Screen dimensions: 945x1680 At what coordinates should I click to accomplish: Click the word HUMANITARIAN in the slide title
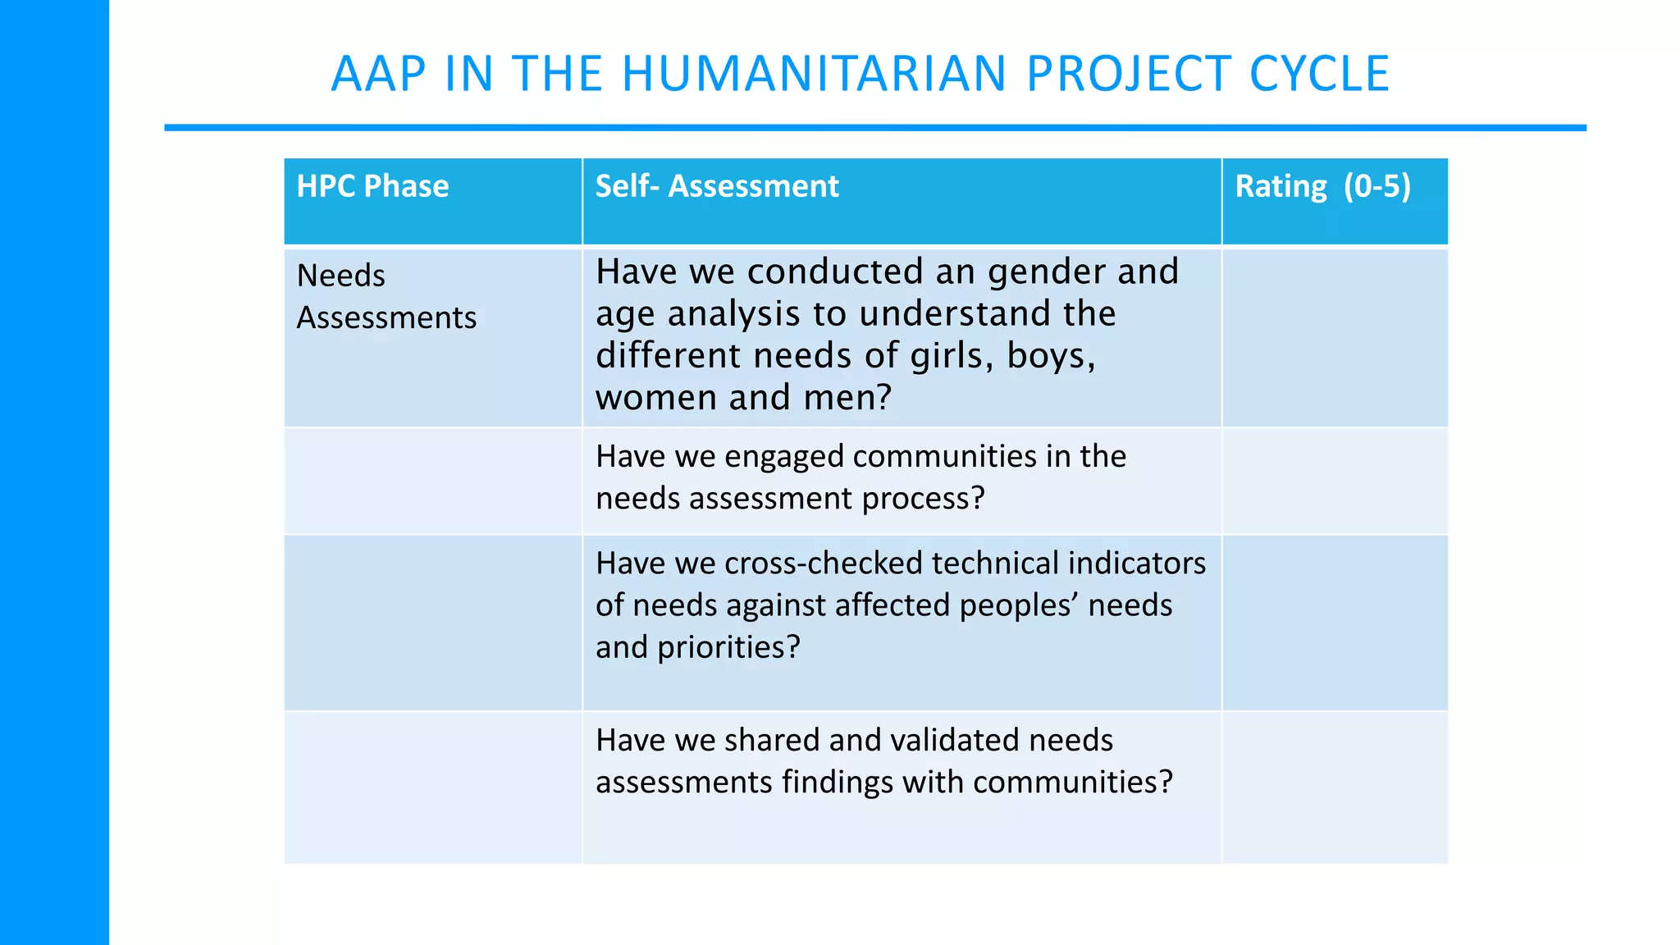[814, 74]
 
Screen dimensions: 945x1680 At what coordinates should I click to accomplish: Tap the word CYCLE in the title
[1319, 74]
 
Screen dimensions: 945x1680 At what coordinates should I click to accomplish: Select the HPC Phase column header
[372, 186]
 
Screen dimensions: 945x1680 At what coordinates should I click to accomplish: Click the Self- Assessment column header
[717, 186]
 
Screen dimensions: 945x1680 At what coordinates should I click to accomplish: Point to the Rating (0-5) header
[1322, 186]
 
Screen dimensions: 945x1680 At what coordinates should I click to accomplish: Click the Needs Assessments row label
[386, 296]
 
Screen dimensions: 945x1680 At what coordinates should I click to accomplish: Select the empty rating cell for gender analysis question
[1335, 336]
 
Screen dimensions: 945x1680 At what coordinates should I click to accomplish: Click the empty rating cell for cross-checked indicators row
[1335, 622]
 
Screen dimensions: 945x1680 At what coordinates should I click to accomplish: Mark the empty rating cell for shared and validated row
[1335, 786]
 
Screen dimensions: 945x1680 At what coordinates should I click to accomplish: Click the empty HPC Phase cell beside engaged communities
[432, 481]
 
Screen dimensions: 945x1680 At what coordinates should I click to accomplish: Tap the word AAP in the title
[378, 74]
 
